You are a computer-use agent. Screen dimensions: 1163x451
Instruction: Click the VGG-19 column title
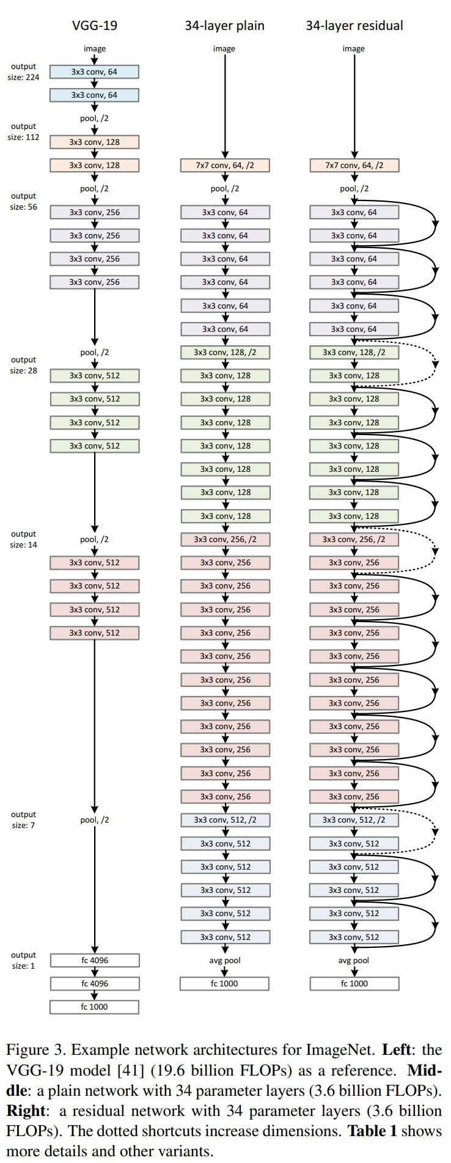tap(94, 26)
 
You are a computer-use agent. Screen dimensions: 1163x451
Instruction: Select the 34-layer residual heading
tap(354, 26)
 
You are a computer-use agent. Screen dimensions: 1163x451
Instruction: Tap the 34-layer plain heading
tap(224, 26)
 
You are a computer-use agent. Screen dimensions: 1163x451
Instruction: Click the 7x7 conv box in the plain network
tap(225, 165)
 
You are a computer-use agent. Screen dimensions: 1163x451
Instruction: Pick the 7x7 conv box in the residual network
tap(354, 165)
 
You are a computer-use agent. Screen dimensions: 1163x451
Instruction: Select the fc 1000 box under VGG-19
tap(94, 1007)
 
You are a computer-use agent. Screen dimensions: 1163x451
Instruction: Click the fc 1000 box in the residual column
tap(354, 983)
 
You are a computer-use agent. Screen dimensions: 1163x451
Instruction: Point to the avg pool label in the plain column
tap(225, 960)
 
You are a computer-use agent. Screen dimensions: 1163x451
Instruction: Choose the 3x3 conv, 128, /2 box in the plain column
tap(225, 352)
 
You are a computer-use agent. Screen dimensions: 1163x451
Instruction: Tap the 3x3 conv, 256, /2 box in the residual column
tap(354, 539)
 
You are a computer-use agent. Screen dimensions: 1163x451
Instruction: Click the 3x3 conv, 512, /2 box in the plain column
tap(225, 820)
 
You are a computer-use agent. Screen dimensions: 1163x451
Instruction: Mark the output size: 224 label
tap(23, 72)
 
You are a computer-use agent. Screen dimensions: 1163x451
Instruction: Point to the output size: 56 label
tap(23, 202)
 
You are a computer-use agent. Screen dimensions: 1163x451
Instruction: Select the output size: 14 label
tap(23, 539)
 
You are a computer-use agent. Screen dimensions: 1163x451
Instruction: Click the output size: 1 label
tap(23, 960)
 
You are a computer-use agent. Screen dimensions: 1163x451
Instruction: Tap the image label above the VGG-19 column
tap(95, 48)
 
